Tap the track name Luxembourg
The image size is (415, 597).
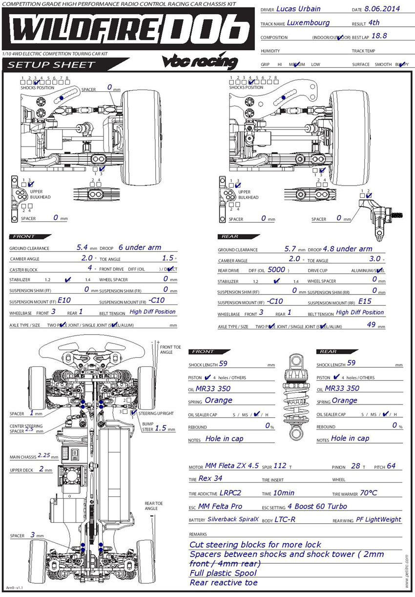(308, 22)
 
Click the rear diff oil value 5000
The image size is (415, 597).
(276, 269)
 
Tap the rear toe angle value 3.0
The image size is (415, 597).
(374, 259)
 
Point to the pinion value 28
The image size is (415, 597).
(355, 466)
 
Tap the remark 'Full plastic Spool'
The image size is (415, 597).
(223, 573)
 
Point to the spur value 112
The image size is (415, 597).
(280, 466)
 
